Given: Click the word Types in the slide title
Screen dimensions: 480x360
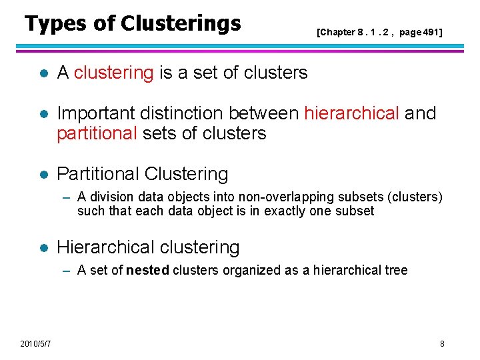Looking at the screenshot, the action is pos(55,24).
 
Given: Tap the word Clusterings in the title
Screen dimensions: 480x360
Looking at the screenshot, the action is pos(181,24).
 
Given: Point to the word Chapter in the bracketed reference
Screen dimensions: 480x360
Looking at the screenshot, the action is pos(339,32).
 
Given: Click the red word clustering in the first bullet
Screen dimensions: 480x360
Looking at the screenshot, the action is pos(114,73).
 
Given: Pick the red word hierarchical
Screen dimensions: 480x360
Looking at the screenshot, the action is pos(361,113).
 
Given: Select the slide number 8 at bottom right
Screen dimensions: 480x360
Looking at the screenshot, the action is pos(442,343).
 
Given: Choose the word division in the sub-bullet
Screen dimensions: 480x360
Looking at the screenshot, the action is pos(109,197).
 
